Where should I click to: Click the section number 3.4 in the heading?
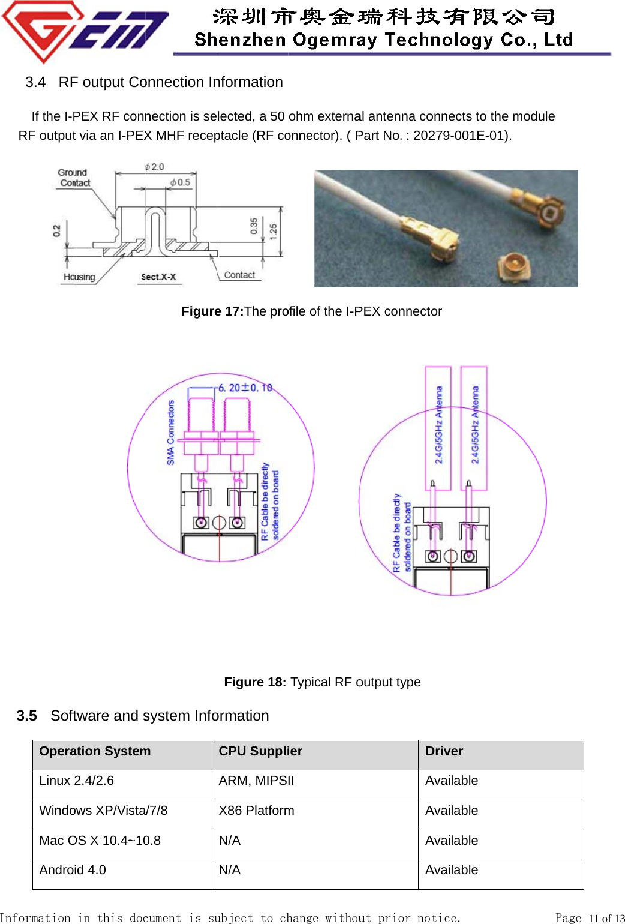click(35, 82)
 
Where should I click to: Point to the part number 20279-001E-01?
click(460, 136)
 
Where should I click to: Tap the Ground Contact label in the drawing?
click(74, 178)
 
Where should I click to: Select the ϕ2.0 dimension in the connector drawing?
click(154, 167)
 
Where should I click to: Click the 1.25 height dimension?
click(274, 232)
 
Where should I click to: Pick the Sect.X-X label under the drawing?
click(158, 277)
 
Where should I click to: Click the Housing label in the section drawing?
click(79, 277)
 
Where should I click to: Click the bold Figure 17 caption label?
click(212, 311)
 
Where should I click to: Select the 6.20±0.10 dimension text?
click(245, 388)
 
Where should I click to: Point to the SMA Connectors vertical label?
click(171, 433)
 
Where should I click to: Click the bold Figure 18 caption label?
click(255, 682)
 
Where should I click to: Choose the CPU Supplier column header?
click(260, 751)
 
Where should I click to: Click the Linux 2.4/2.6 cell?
click(76, 781)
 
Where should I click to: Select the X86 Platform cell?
click(256, 811)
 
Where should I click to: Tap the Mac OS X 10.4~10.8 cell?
click(100, 841)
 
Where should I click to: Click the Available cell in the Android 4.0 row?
click(452, 870)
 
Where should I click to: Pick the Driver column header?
click(444, 751)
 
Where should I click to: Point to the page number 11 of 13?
click(606, 918)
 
